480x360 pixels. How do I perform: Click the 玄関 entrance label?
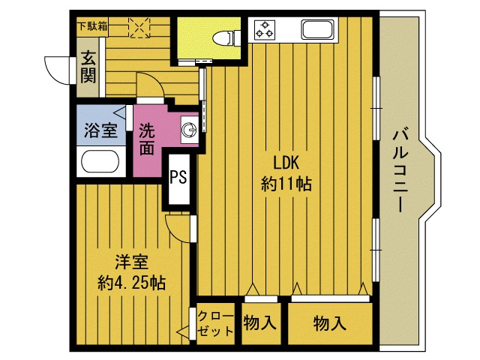pos(88,65)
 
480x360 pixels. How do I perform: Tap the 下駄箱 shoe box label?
pos(92,25)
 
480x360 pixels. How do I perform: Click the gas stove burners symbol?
pos(265,31)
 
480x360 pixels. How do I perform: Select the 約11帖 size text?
pos(286,183)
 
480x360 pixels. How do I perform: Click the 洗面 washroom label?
pos(147,139)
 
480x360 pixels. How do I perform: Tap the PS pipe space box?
pos(178,178)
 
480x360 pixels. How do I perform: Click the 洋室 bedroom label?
pos(131,262)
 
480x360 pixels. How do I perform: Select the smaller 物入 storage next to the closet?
pos(260,324)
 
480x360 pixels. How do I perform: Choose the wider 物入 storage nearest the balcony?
pos(330,324)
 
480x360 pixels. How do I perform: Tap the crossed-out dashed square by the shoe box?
pos(139,27)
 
